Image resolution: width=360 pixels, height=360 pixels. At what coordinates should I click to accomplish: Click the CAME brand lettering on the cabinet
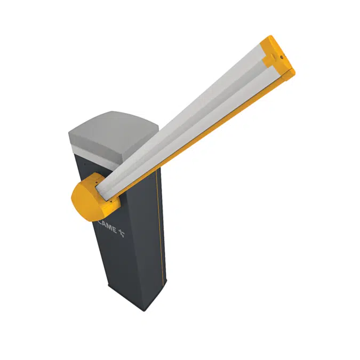(x=107, y=226)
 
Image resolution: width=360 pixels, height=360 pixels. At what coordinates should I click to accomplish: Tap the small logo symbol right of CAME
(x=122, y=233)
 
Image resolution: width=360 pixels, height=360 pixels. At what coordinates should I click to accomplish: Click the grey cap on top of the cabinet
(x=113, y=135)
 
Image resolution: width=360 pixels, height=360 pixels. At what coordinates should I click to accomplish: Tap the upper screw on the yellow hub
(x=96, y=182)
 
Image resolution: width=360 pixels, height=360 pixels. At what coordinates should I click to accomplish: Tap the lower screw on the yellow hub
(x=111, y=202)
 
